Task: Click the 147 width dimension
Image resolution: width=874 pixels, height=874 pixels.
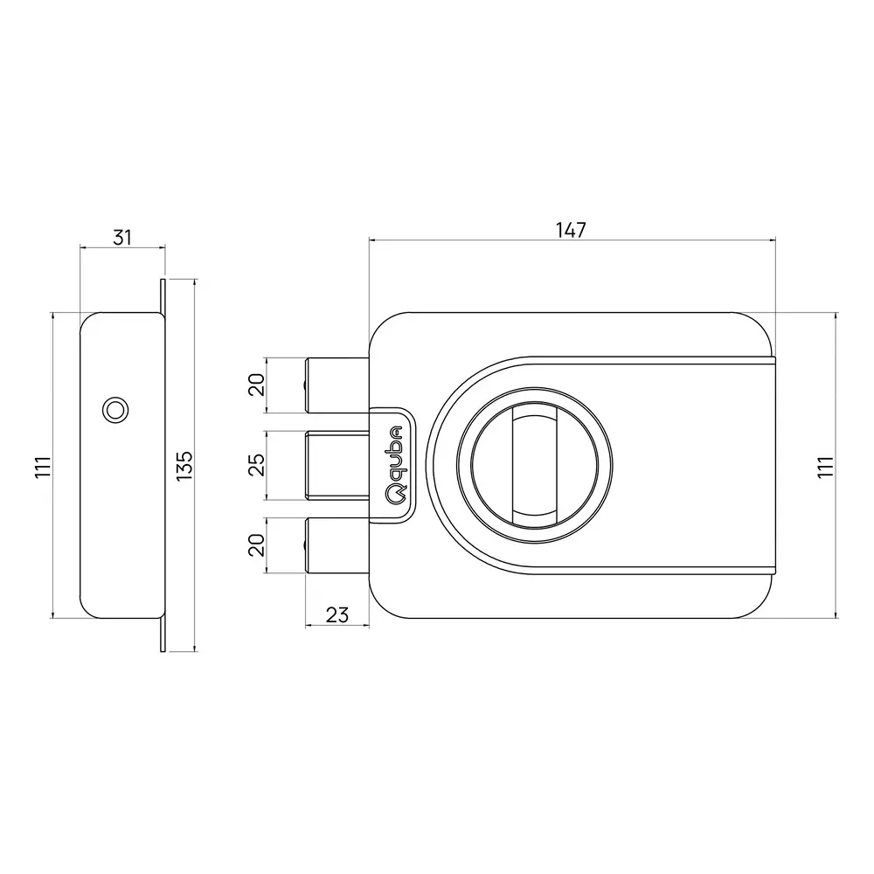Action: click(570, 230)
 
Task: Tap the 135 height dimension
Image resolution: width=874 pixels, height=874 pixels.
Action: click(184, 465)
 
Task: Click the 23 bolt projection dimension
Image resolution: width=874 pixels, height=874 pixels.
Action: click(336, 614)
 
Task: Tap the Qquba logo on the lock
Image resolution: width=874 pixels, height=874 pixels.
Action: click(395, 464)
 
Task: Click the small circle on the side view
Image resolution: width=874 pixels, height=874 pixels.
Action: click(114, 408)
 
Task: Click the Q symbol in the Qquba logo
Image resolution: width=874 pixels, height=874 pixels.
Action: click(395, 495)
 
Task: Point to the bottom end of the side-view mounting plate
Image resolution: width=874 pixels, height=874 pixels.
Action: click(163, 642)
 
